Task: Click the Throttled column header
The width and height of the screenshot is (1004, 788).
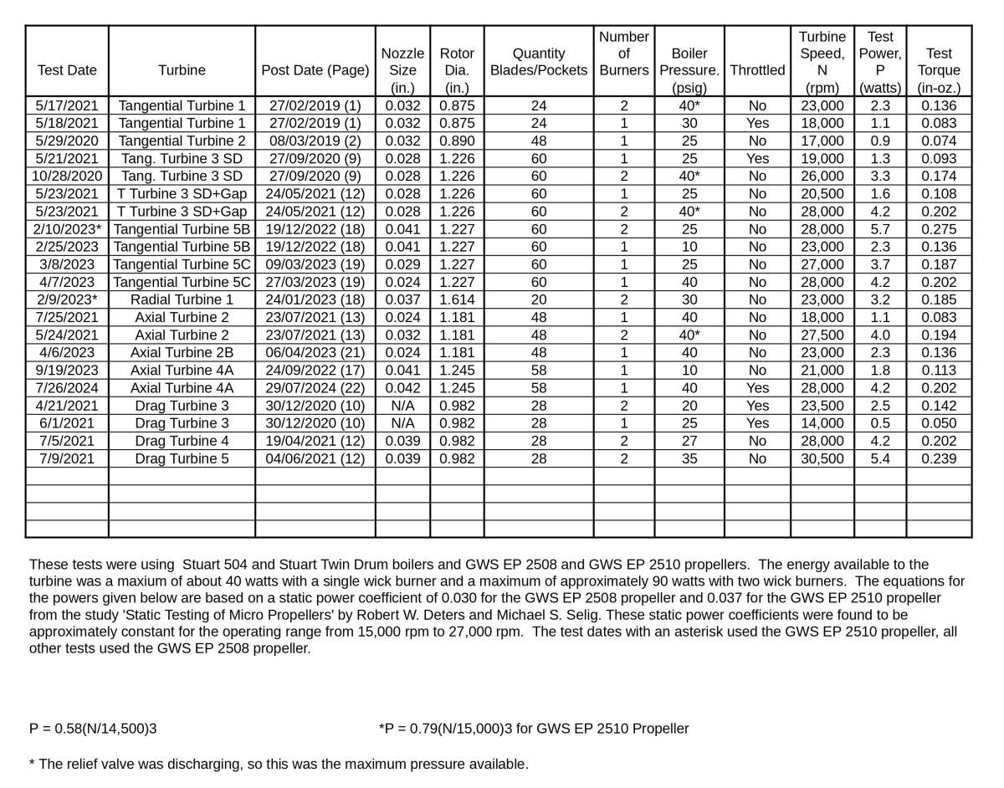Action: point(757,70)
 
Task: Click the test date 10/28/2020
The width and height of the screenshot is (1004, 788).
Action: point(67,177)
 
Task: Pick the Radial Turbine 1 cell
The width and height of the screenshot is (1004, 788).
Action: point(182,299)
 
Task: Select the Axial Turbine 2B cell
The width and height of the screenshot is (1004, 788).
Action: point(182,353)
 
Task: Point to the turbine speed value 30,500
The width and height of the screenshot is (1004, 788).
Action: point(822,458)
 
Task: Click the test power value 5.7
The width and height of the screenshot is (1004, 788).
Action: point(879,229)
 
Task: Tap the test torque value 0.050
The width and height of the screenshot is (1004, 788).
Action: point(939,423)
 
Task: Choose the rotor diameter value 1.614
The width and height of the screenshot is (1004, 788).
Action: point(457,299)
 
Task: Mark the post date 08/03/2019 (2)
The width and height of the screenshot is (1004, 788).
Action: point(315,141)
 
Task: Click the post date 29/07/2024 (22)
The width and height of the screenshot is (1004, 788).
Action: point(315,388)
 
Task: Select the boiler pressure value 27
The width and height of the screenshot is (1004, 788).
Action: point(689,441)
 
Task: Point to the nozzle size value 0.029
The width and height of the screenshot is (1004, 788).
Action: point(402,264)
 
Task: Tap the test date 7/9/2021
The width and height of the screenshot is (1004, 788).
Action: point(67,458)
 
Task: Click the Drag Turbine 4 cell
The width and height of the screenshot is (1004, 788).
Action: point(182,441)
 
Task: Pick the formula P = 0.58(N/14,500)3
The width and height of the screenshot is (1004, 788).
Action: point(93,729)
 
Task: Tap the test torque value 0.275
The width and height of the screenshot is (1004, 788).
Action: point(939,229)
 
